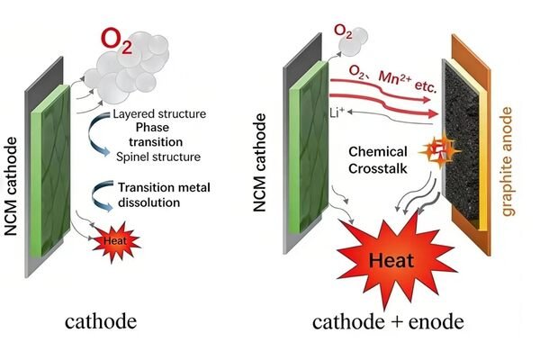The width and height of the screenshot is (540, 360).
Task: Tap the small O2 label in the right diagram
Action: pyautogui.click(x=344, y=31)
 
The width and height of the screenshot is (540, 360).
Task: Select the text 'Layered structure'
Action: pyautogui.click(x=159, y=114)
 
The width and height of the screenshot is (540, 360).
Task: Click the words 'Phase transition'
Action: pyautogui.click(x=157, y=135)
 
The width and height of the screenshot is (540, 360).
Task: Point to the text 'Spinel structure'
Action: pyautogui.click(x=157, y=157)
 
